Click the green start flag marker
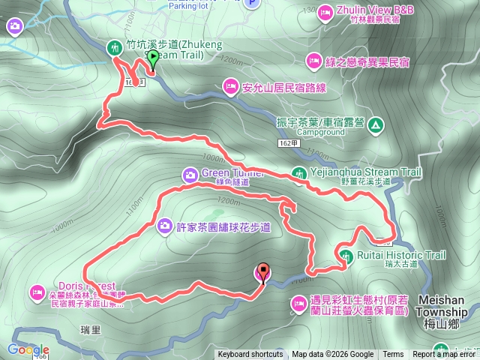click(153, 58)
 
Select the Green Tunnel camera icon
click(188, 175)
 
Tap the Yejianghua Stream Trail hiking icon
click(298, 172)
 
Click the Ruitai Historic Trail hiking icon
click(346, 256)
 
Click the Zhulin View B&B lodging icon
click(325, 11)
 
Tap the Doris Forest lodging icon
click(37, 292)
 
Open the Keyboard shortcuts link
click(250, 355)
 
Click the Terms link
click(393, 355)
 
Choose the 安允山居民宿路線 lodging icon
click(230, 87)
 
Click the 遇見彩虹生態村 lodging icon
click(298, 303)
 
